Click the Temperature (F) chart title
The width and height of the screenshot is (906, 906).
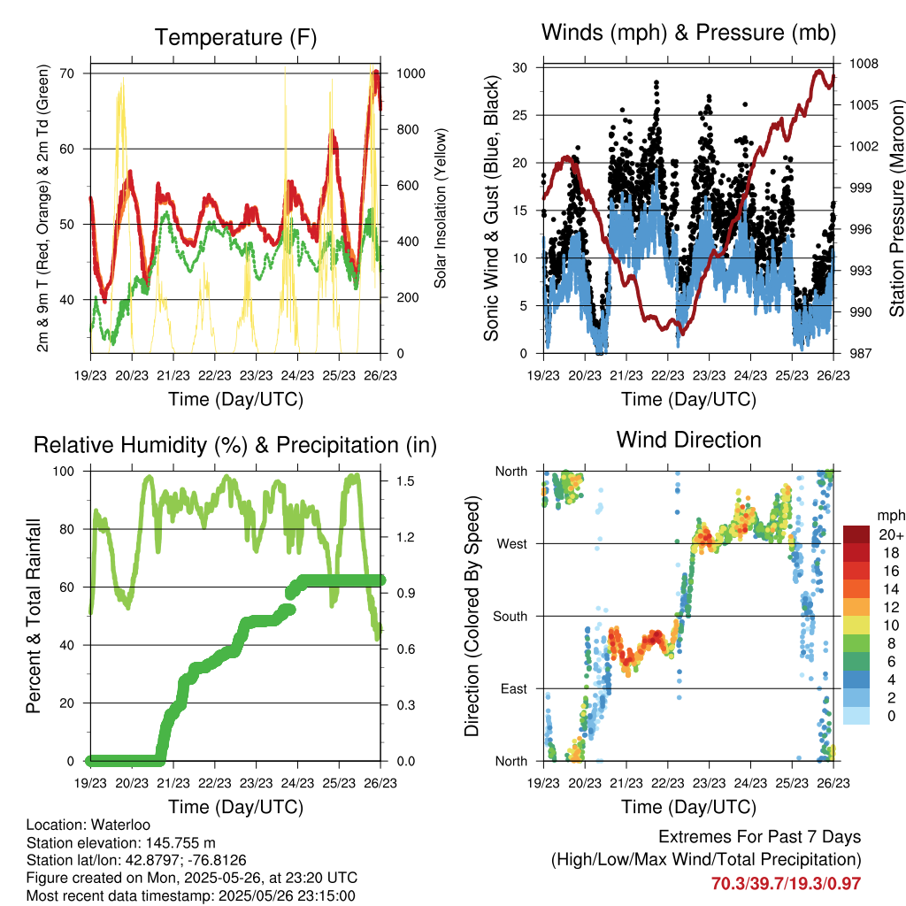[235, 38]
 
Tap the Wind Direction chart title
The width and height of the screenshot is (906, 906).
[688, 440]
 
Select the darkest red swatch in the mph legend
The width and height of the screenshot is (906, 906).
[856, 534]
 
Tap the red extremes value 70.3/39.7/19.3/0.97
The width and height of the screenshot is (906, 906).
[786, 883]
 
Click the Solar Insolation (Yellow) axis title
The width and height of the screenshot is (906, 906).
[440, 208]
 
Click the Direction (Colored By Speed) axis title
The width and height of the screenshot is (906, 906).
[472, 616]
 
